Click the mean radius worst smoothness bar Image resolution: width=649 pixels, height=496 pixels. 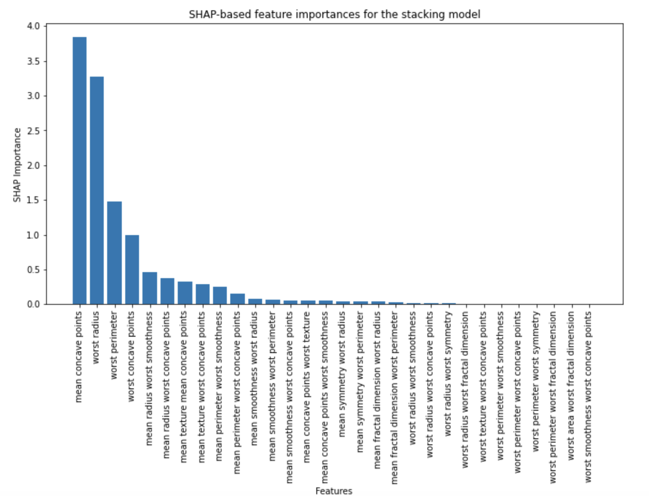pos(150,288)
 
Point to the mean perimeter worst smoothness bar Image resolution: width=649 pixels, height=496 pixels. pos(220,295)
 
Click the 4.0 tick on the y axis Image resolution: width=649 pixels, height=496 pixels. pos(33,26)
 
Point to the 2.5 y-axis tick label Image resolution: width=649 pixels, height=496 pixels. pos(33,131)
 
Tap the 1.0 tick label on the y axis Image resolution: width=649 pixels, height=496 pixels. pos(33,235)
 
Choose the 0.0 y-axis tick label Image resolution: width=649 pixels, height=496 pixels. pos(33,304)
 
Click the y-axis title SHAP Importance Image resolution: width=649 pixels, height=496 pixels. pos(17,165)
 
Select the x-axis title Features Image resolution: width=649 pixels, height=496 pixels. pos(334,491)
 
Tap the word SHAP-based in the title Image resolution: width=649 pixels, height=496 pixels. pos(220,14)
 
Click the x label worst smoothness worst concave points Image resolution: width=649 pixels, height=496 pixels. pos(588,397)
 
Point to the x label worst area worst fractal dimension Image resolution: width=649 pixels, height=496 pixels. pos(571,386)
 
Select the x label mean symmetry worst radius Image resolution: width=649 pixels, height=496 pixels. pos(343,374)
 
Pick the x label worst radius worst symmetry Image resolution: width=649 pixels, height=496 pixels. pos(448,374)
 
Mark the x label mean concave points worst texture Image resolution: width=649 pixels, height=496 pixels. pos(307,387)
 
